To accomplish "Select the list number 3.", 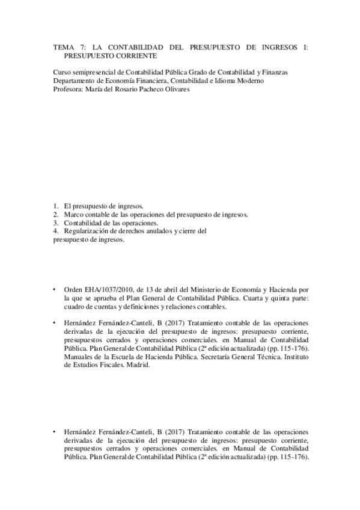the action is point(55,223).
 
